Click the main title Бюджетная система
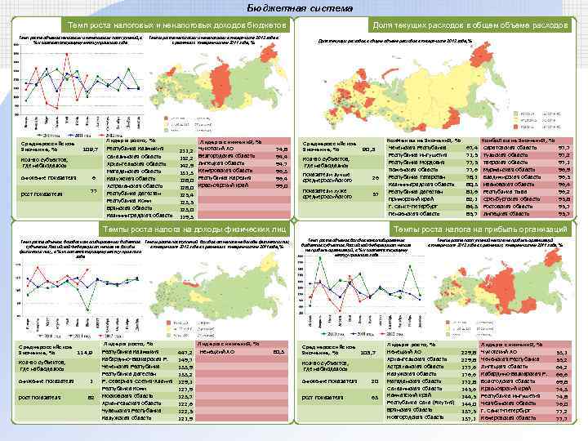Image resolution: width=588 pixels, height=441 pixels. [x=294, y=8]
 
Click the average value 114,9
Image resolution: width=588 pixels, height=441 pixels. [x=84, y=353]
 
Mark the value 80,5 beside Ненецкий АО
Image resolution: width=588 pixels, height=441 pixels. [x=278, y=352]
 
